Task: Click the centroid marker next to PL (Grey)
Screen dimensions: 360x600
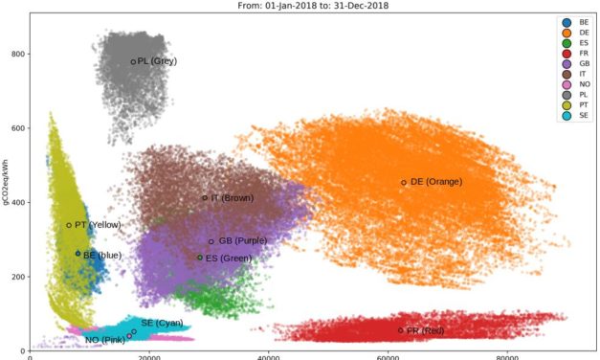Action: click(134, 62)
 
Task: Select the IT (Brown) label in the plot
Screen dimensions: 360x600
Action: click(232, 198)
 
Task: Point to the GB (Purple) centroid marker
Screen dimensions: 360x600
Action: click(211, 241)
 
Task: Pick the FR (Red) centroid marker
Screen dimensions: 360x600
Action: click(401, 330)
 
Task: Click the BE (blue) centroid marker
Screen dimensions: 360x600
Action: click(78, 254)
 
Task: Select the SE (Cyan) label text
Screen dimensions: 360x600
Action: click(162, 323)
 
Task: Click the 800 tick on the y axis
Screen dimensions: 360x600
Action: click(16, 55)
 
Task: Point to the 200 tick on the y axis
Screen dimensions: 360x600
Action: click(16, 277)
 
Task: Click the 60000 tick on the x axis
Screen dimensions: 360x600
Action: click(389, 356)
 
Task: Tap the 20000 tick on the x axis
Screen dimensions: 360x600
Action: click(149, 356)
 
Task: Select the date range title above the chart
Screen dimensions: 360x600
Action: click(300, 5)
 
